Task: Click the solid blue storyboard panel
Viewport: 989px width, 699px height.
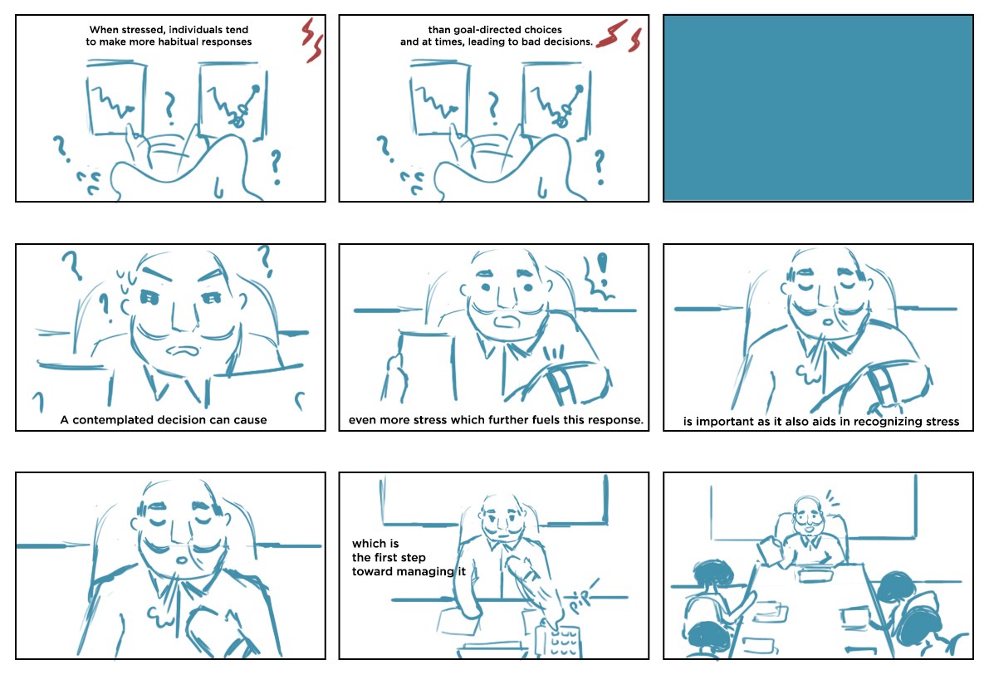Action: pos(818,109)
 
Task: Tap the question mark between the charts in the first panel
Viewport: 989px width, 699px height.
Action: pos(169,108)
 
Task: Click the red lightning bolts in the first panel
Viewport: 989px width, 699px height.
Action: pos(311,41)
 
